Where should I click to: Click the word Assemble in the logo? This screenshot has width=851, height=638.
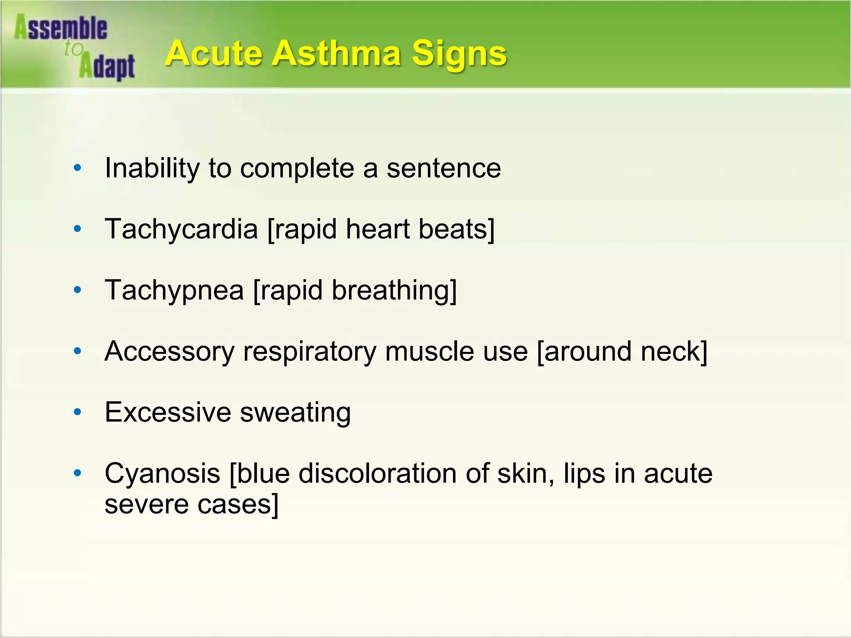tap(61, 28)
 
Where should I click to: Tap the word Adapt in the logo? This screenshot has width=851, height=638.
tap(107, 66)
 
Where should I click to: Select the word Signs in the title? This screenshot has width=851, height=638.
tap(459, 54)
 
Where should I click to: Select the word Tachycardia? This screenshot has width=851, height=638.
tap(181, 229)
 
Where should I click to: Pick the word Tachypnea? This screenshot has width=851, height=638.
tap(174, 290)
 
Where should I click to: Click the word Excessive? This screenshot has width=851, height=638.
tap(168, 412)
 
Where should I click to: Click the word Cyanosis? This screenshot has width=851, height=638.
tap(162, 474)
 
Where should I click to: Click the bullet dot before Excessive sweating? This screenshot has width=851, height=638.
tap(77, 412)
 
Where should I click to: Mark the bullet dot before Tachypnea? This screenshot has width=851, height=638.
tap(77, 290)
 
